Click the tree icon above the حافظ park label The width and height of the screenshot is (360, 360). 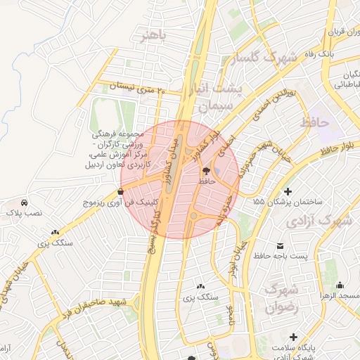[x=206, y=171]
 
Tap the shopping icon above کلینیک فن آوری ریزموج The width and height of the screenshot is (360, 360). [x=122, y=191]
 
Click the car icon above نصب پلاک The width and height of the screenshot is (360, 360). [x=25, y=201]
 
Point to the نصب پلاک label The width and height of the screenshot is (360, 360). [x=25, y=212]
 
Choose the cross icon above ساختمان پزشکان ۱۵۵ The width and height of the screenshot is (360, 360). [x=287, y=191]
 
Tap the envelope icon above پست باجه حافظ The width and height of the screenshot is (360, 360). [x=281, y=245]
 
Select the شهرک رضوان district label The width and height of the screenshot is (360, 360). [x=281, y=298]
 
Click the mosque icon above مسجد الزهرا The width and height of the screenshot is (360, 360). [x=340, y=285]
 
